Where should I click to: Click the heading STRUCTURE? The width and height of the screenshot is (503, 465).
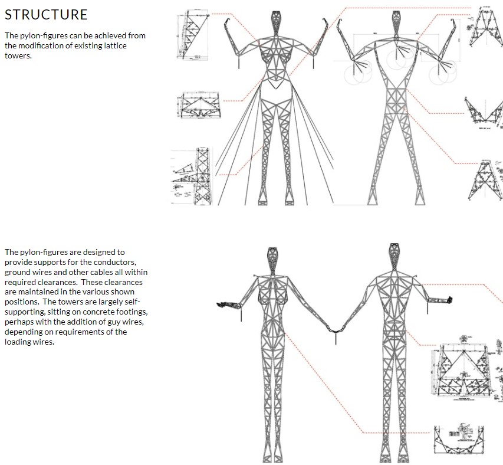click(x=46, y=15)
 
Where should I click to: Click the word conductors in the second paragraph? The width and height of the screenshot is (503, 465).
click(x=117, y=262)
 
